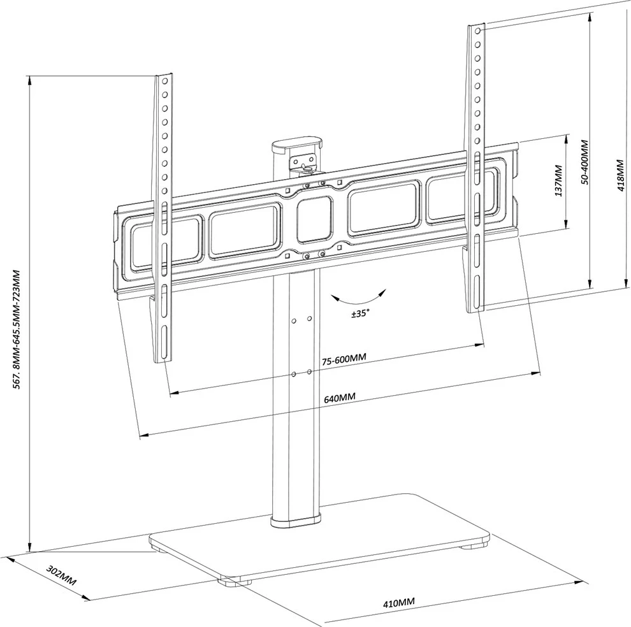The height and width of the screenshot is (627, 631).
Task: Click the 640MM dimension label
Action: tap(339, 398)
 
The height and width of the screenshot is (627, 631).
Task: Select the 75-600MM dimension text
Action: tap(344, 359)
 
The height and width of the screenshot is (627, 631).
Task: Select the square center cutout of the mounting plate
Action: tap(315, 220)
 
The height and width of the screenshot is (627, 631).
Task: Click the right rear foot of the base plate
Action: tap(474, 545)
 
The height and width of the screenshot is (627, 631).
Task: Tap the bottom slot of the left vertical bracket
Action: tap(163, 344)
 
